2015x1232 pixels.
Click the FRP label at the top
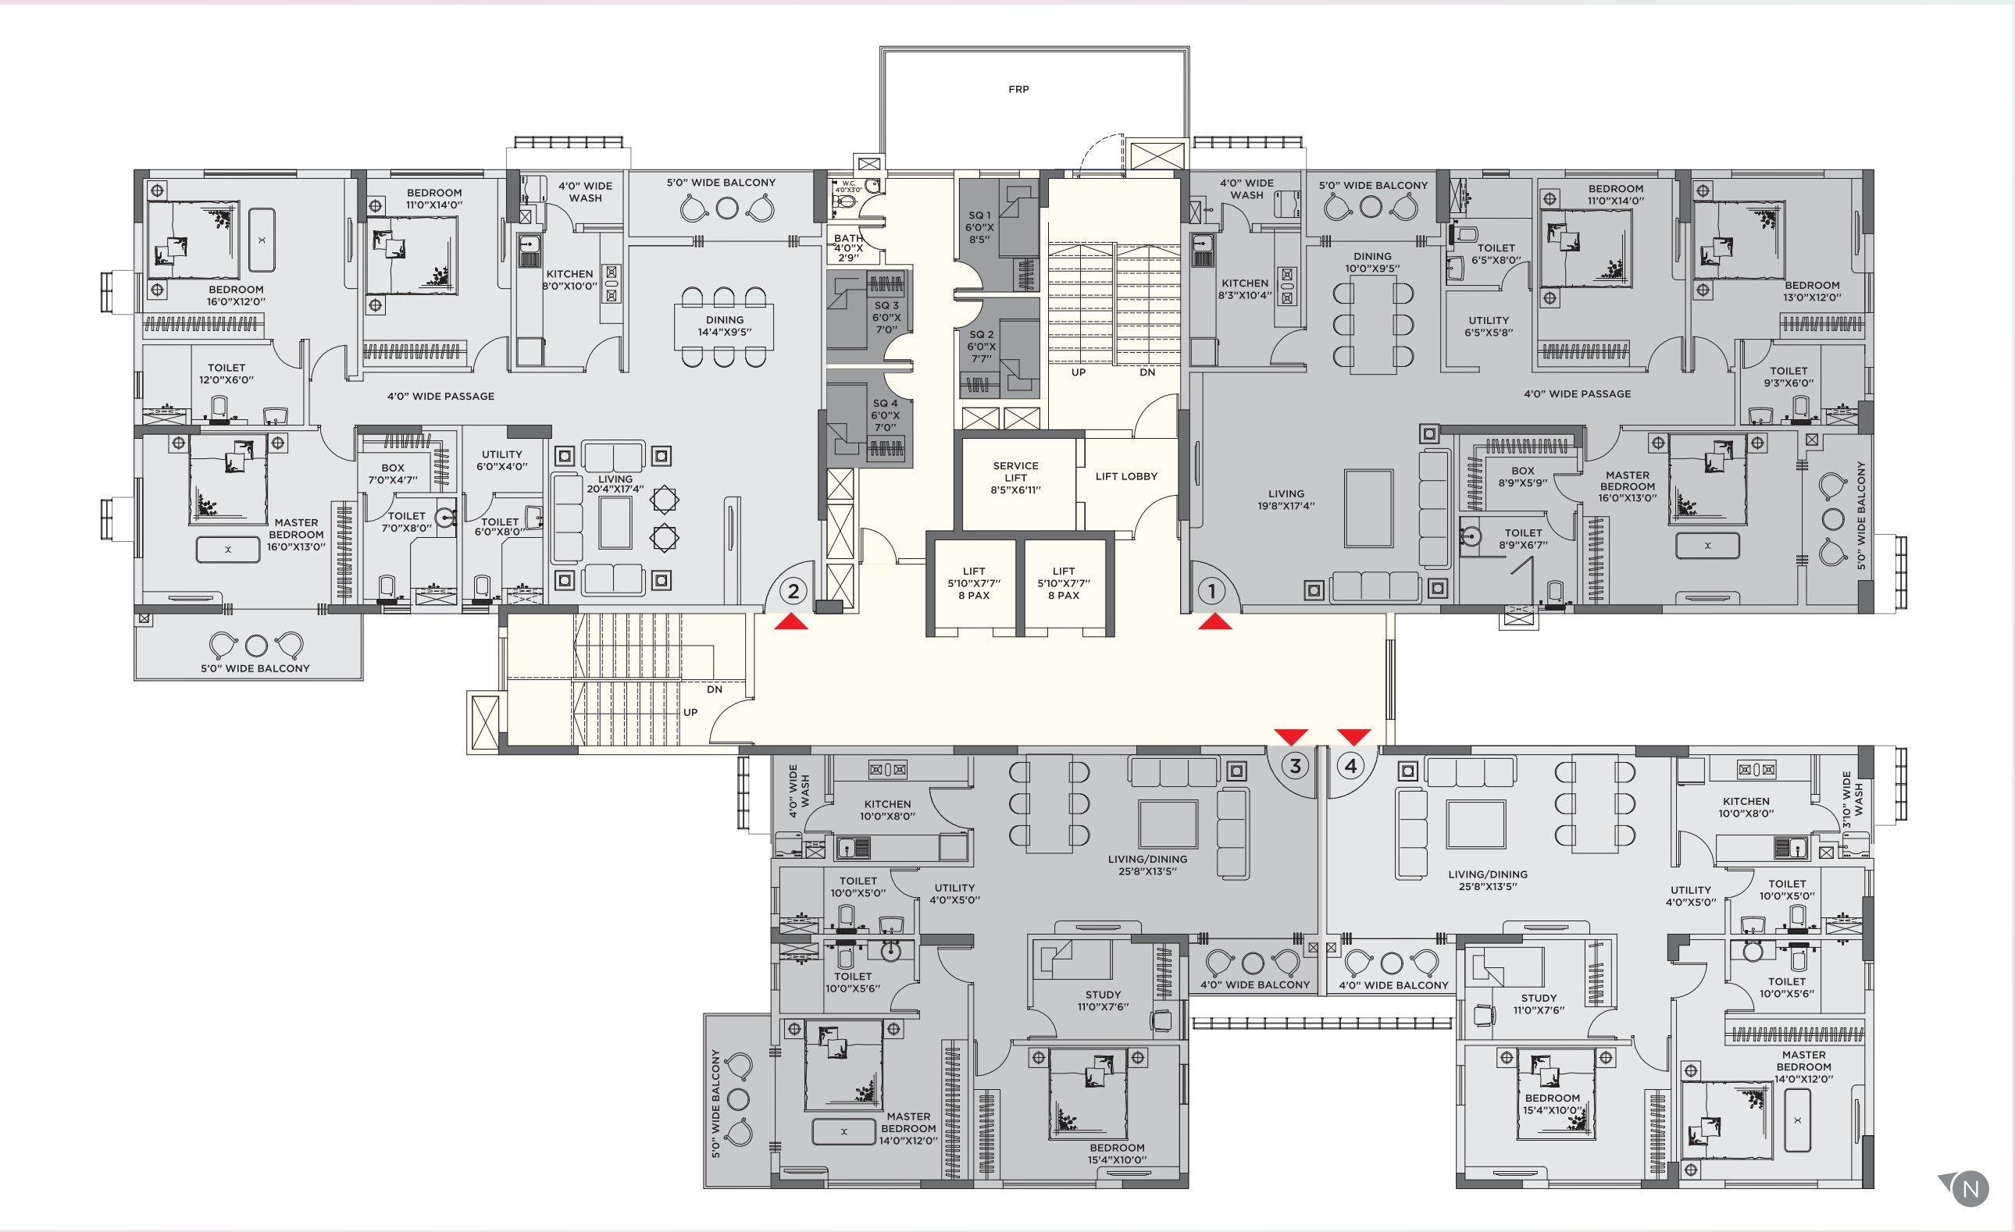(x=1018, y=89)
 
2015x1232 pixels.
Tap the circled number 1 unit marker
(x=1211, y=590)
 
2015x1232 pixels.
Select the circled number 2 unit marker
(x=793, y=590)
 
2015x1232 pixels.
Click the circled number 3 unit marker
(x=1295, y=766)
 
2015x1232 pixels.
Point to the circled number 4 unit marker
(x=1351, y=766)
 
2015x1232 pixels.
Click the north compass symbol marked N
(x=1970, y=1189)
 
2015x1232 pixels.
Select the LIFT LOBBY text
(x=1126, y=475)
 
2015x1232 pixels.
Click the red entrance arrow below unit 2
(x=791, y=622)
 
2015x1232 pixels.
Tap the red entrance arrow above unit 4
(x=1353, y=736)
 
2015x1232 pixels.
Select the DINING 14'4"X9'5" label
(x=725, y=326)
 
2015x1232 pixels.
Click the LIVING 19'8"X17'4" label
(x=1286, y=500)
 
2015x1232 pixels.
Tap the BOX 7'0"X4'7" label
(x=393, y=473)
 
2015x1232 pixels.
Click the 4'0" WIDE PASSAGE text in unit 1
(x=1577, y=394)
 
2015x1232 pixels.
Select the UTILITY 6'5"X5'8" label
(x=1489, y=326)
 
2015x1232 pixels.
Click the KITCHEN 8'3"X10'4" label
(x=1245, y=289)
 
